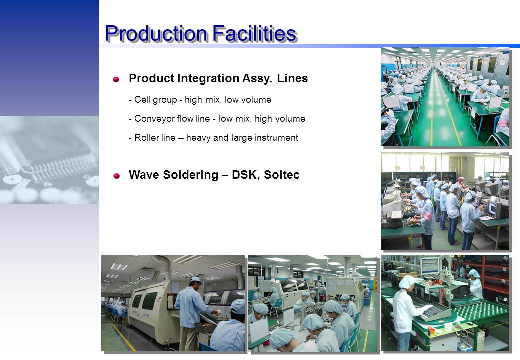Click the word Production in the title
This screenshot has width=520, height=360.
click(x=156, y=34)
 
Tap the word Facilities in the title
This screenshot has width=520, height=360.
click(x=254, y=33)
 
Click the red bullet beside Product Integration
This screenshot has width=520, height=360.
click(x=116, y=79)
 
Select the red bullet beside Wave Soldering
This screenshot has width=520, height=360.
click(x=116, y=175)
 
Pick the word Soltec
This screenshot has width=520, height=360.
click(x=282, y=174)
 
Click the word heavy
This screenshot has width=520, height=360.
click(x=198, y=138)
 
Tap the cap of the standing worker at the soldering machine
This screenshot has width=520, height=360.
click(x=195, y=280)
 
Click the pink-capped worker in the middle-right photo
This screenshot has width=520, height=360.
click(x=460, y=183)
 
